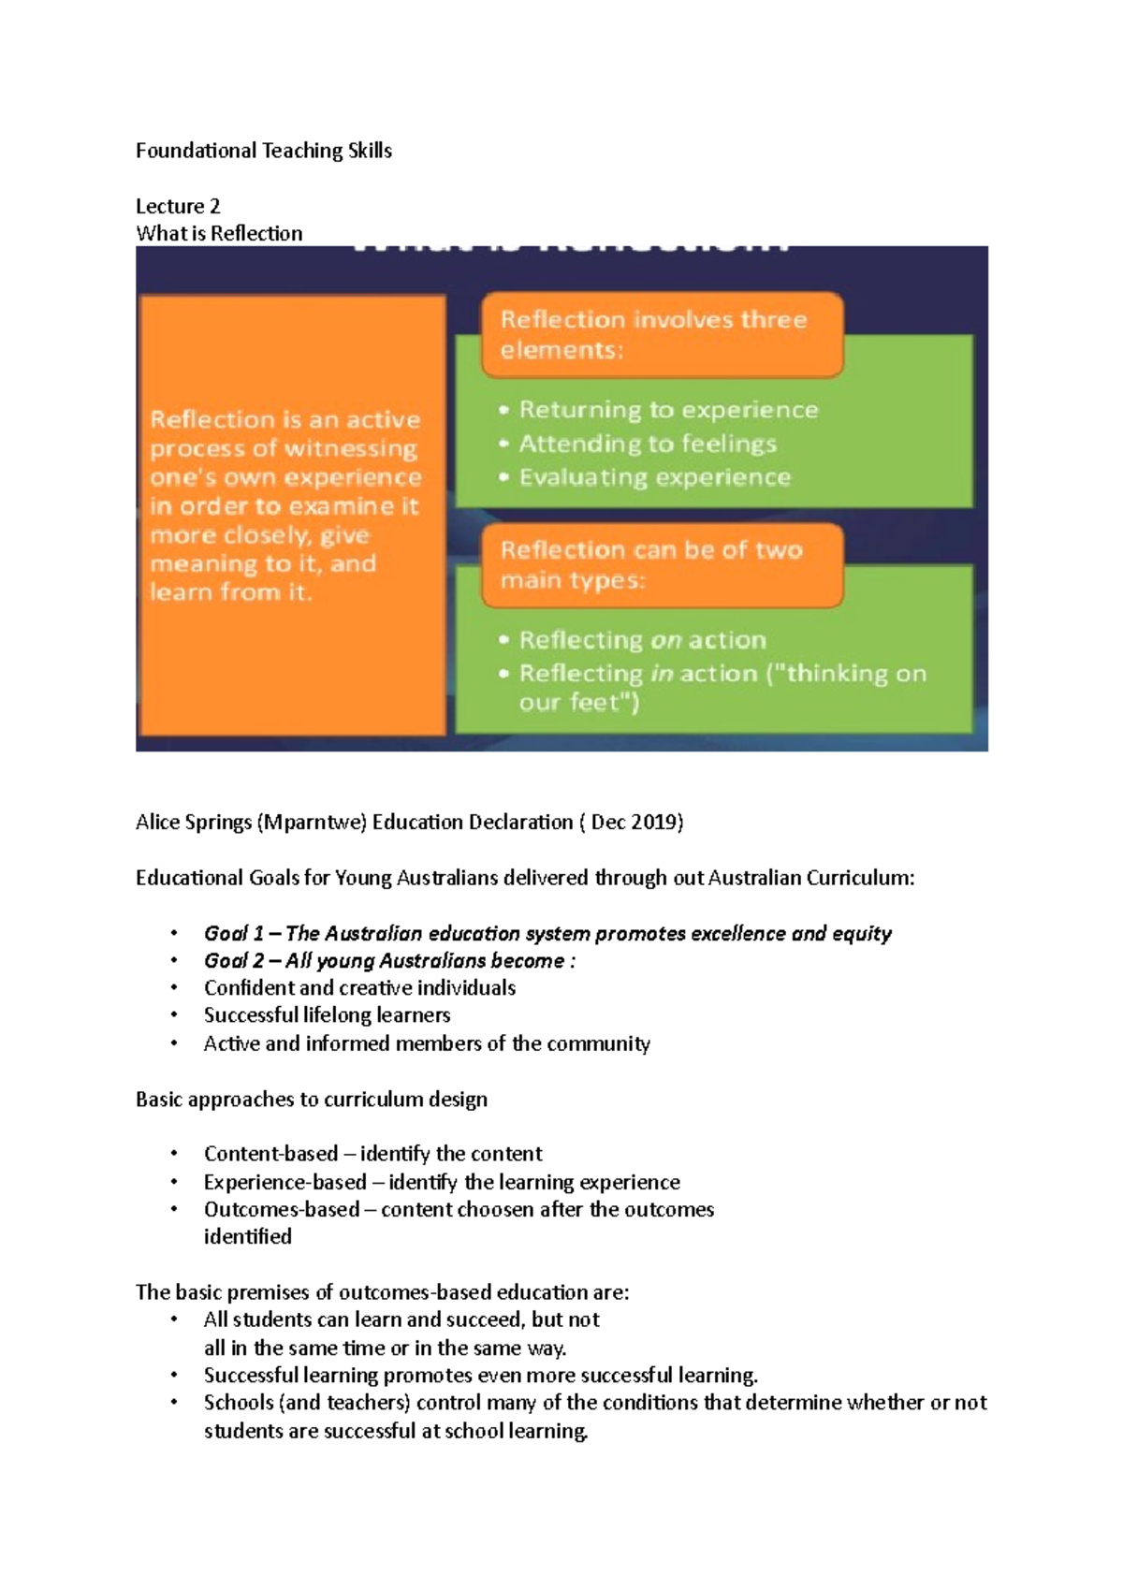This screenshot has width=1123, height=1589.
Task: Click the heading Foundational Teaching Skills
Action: pos(263,151)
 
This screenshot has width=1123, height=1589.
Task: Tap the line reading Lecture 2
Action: pos(178,206)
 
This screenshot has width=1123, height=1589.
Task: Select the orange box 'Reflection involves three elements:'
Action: pos(662,334)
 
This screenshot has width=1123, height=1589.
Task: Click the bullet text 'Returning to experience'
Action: pos(668,410)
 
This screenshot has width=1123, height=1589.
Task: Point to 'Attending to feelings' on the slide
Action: pos(648,444)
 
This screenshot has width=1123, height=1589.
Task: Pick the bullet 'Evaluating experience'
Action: pos(655,477)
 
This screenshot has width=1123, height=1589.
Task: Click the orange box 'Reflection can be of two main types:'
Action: pos(662,564)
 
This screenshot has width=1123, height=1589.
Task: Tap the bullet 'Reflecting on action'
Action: pos(642,640)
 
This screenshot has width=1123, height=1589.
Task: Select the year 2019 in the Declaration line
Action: pos(654,823)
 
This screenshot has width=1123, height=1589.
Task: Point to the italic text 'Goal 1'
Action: pos(233,933)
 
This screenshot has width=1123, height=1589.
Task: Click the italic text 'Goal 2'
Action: pos(233,961)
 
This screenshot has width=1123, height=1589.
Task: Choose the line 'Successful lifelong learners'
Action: pos(327,1015)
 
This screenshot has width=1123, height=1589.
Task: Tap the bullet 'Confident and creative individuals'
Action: pos(359,988)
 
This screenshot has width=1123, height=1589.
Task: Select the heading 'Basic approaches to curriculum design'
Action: pos(311,1100)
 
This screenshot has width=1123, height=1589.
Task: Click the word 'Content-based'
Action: pos(270,1154)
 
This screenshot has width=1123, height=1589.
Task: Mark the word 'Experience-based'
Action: pos(284,1182)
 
